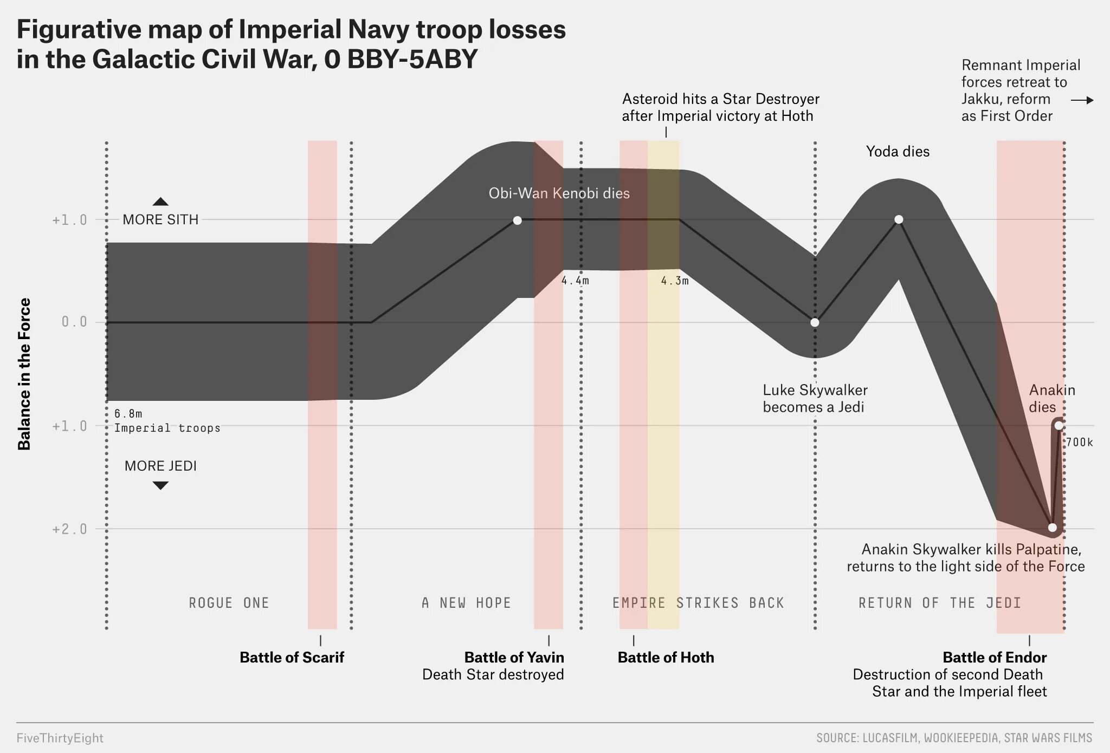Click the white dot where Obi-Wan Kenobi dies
517,220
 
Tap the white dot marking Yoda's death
899,219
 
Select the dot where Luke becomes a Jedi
815,322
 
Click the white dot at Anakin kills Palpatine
1052,528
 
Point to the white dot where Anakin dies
1059,425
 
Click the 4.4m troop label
575,281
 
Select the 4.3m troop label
675,281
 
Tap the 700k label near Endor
1080,443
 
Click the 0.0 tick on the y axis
74,322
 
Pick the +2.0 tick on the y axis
70,529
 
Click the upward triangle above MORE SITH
160,202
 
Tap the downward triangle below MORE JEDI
160,485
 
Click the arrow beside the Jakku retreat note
1082,100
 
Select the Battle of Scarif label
292,657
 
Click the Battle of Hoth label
666,657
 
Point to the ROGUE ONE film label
229,603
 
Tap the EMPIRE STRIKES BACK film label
698,603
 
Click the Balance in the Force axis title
24,374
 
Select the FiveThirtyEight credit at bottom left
60,738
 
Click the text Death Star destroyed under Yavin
493,674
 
